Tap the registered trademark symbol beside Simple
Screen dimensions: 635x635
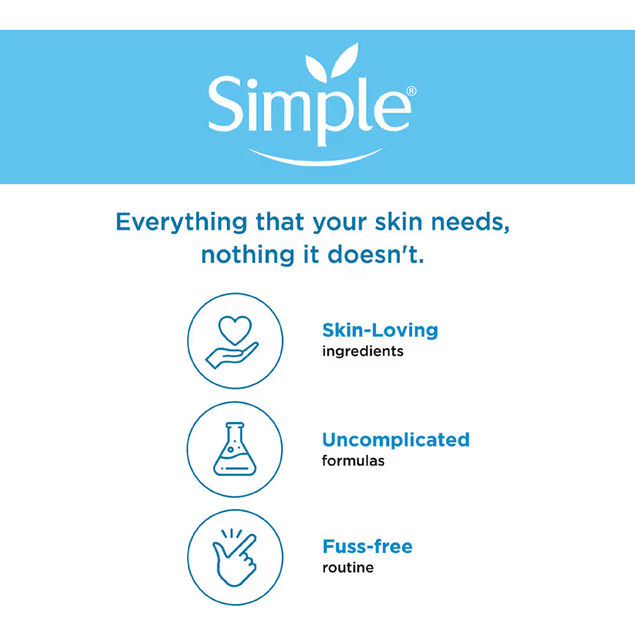(411, 91)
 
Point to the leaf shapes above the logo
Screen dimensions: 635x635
(332, 62)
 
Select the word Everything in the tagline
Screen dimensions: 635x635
(182, 222)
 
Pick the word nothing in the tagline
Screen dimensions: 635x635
(248, 255)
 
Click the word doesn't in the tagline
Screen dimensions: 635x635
(376, 255)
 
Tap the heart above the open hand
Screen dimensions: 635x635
(235, 329)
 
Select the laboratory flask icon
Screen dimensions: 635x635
(235, 449)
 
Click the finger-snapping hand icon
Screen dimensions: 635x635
(235, 558)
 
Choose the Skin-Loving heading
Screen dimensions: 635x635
(380, 330)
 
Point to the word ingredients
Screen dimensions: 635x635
(363, 351)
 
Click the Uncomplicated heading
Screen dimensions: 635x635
(396, 439)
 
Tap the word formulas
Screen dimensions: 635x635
(353, 460)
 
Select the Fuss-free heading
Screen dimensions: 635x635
(367, 546)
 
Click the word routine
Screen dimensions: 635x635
(348, 567)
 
